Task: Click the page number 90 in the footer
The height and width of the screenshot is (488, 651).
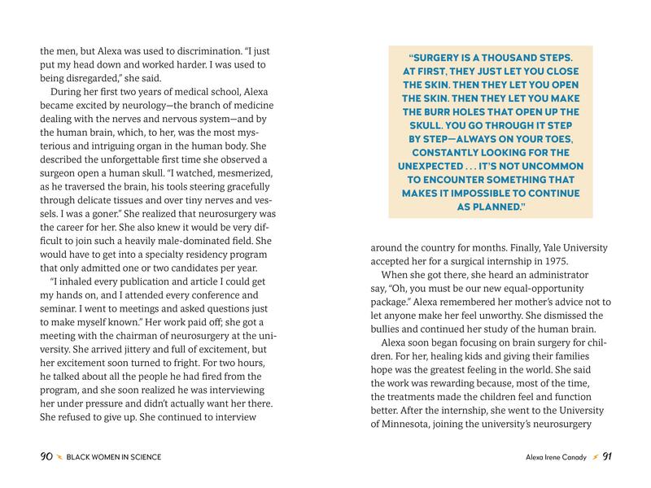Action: click(46, 457)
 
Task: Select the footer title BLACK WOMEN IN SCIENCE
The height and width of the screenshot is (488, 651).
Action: click(113, 457)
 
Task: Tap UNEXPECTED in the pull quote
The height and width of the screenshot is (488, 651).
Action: click(434, 166)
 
